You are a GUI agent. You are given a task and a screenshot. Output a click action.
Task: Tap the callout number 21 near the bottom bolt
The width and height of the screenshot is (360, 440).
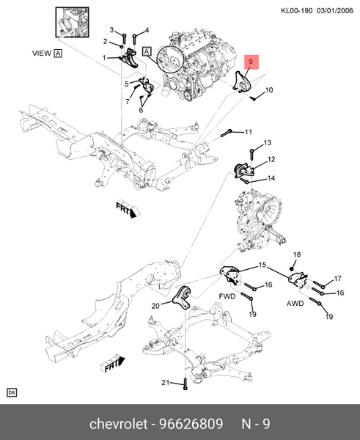166,383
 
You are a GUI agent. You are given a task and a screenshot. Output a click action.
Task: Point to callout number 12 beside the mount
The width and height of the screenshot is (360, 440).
271,159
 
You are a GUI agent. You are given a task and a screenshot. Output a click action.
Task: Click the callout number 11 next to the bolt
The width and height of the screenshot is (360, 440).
248,132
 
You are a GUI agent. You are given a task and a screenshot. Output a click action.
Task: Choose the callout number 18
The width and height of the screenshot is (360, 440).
296,254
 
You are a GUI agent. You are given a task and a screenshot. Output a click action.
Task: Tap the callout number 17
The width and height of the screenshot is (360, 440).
337,279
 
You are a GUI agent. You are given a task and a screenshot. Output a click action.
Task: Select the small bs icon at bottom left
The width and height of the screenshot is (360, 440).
12,393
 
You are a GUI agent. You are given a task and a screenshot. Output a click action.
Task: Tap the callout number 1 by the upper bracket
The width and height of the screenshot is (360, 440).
105,57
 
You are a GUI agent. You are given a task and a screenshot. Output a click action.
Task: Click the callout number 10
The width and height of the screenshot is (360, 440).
268,90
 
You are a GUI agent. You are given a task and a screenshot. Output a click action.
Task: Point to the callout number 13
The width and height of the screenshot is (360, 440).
268,142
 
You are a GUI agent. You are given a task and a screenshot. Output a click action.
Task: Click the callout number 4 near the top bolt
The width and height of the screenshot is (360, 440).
146,30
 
